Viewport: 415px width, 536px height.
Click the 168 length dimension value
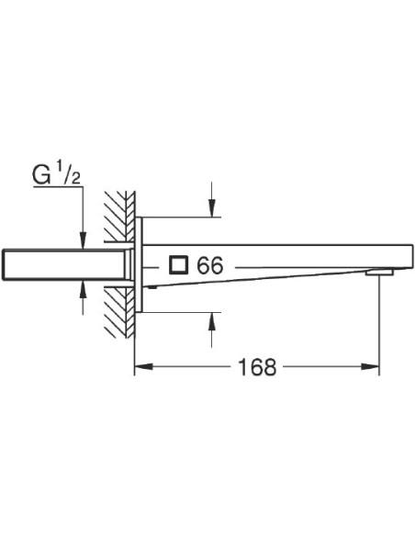(x=257, y=368)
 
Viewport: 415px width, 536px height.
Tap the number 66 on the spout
(x=210, y=265)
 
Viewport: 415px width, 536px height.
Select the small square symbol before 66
(x=179, y=265)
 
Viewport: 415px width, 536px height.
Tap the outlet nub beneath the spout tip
(x=379, y=273)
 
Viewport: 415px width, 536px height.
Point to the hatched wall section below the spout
(x=120, y=312)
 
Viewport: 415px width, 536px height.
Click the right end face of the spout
(x=395, y=256)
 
